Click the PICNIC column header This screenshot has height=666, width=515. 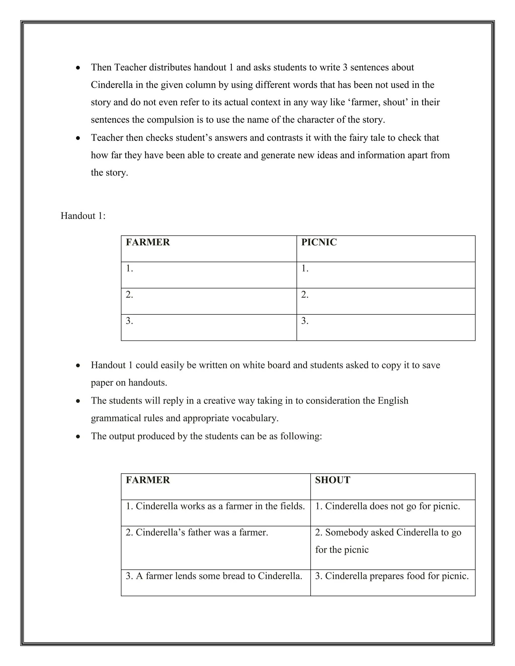click(x=319, y=242)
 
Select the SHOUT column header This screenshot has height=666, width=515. click(x=332, y=480)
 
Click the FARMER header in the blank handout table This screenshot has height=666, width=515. click(x=148, y=242)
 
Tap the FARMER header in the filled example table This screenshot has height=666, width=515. click(x=148, y=480)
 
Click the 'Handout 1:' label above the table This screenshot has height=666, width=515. click(x=83, y=216)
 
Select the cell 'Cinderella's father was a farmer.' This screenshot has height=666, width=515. click(x=197, y=533)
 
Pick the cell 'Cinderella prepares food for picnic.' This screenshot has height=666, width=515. click(x=392, y=576)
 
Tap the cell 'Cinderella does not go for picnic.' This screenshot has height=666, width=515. click(x=388, y=506)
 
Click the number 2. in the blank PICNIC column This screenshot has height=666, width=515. click(x=305, y=295)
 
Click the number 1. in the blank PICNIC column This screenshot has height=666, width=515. click(x=305, y=269)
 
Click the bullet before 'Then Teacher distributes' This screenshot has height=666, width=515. click(x=78, y=68)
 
